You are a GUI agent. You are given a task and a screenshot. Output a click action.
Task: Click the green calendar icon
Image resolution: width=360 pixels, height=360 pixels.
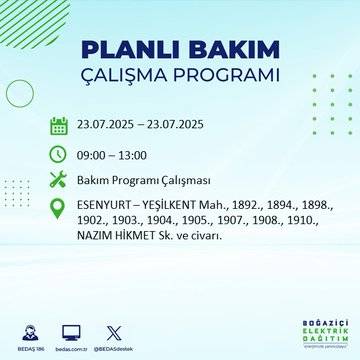[x=59, y=125]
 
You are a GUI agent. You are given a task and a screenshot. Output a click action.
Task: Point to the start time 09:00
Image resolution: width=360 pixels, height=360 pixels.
[x=94, y=155]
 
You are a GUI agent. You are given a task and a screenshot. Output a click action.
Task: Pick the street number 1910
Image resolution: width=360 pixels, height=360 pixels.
[x=291, y=220]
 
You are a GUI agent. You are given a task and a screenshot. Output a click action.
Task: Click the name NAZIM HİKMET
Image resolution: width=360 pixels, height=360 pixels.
[x=120, y=235]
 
